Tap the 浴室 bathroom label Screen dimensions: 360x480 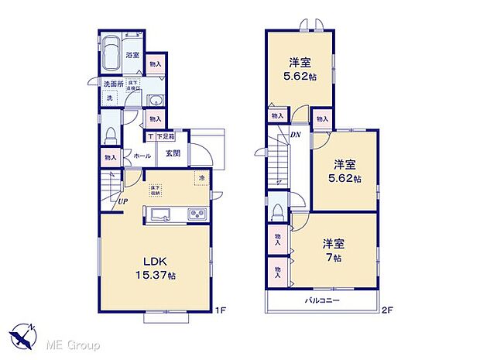(132, 55)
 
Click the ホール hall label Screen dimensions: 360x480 (142, 156)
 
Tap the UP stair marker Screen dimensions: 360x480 (123, 202)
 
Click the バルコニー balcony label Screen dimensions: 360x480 (321, 300)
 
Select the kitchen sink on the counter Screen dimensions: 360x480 (161, 214)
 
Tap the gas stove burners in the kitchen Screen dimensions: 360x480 (197, 214)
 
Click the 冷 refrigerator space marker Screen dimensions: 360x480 (201, 179)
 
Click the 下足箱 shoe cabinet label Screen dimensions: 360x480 (165, 136)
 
